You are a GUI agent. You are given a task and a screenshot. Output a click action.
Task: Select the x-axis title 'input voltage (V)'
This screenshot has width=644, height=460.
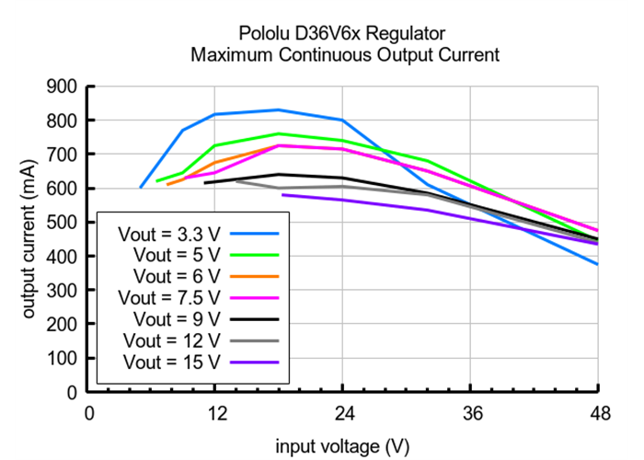tap(342, 447)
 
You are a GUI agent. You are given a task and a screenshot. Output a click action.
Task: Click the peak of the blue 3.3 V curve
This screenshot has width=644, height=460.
tap(279, 109)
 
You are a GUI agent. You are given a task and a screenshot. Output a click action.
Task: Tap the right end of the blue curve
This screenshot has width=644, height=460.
tap(597, 264)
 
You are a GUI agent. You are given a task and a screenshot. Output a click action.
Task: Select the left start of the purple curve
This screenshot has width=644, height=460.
tap(282, 194)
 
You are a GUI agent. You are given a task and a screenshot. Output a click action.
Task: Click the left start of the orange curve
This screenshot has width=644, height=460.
tap(167, 184)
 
